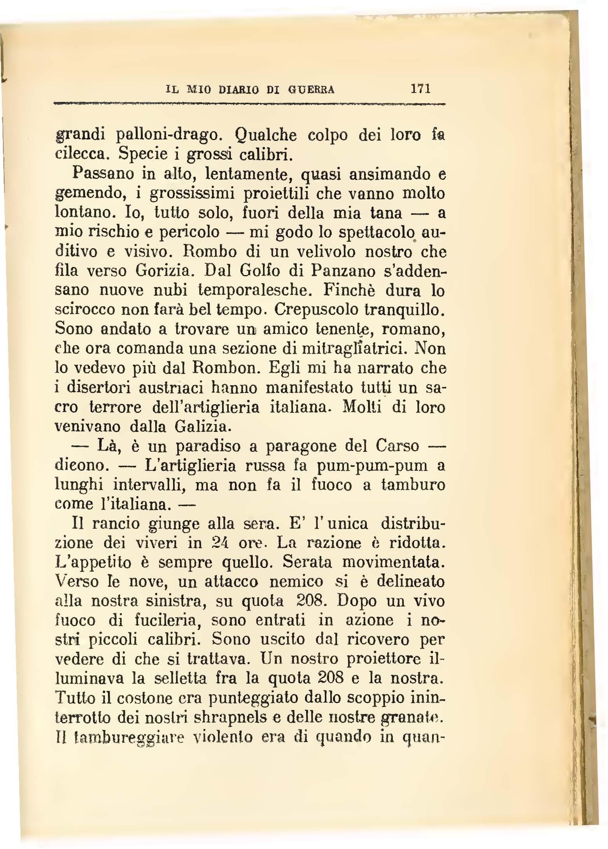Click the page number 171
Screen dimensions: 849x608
pos(420,89)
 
